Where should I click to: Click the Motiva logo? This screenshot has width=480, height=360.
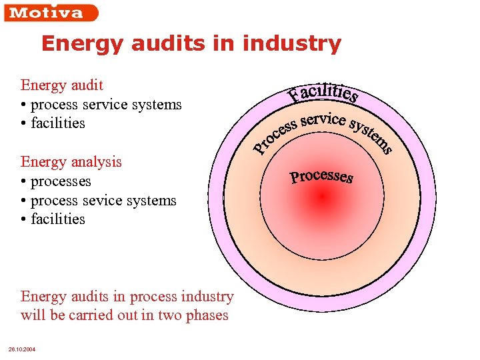coord(50,13)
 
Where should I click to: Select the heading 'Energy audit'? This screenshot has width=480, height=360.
coord(62,85)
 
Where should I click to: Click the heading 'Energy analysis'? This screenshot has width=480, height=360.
coord(71,162)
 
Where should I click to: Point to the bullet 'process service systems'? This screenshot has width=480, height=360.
coord(106,105)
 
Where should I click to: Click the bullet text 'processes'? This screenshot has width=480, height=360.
coord(61,181)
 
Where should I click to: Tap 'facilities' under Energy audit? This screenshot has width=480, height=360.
coord(58,123)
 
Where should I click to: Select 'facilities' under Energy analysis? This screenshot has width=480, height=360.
coord(58,219)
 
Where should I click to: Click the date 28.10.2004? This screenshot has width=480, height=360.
coord(21,349)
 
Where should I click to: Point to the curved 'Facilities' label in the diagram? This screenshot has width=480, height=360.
coord(324,94)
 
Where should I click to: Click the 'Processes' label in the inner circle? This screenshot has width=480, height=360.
coord(321,177)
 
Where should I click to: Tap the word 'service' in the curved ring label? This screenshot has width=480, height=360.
coord(323,120)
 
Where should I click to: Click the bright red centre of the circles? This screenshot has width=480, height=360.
coord(322,196)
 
